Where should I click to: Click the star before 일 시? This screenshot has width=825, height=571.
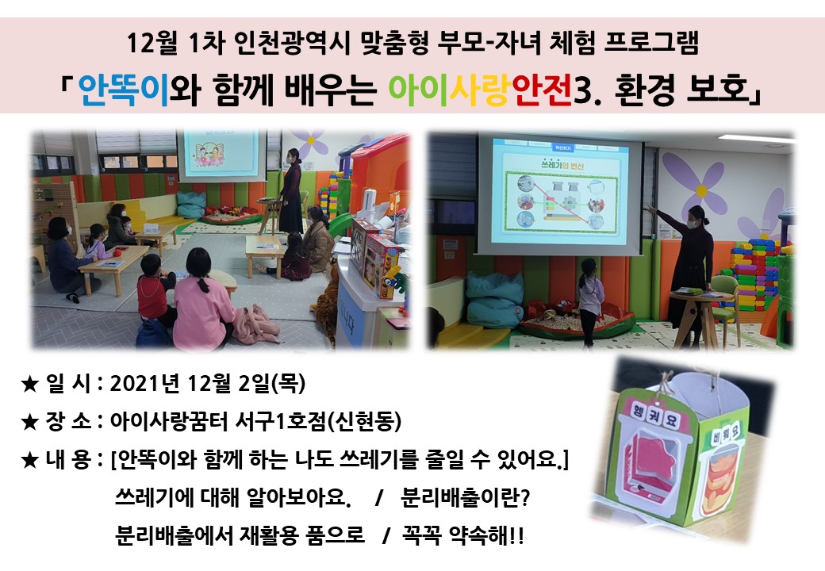30,384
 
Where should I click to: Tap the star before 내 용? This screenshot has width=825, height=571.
30,460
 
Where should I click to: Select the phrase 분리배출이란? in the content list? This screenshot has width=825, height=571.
465,497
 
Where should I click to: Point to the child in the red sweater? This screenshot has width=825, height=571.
154,292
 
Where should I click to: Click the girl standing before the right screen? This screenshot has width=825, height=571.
589,302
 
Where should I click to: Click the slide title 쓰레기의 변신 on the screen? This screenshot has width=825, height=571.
562,165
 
